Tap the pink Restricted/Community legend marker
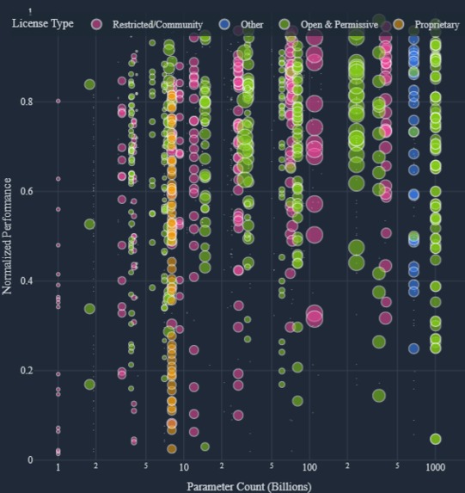coord(99,25)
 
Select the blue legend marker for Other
coord(225,25)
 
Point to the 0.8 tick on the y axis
coord(26,102)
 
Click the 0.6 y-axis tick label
coord(26,191)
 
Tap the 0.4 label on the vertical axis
coord(26,280)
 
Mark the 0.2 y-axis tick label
coord(26,370)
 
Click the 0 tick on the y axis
coord(30,459)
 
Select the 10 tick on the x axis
coord(184,468)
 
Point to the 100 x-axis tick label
coord(309,468)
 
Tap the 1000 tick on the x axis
coord(435,468)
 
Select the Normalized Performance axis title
coord(8,236)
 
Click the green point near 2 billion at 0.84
coord(89,83)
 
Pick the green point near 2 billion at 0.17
coord(89,385)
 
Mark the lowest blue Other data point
coord(413,348)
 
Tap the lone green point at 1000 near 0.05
coord(436,439)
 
